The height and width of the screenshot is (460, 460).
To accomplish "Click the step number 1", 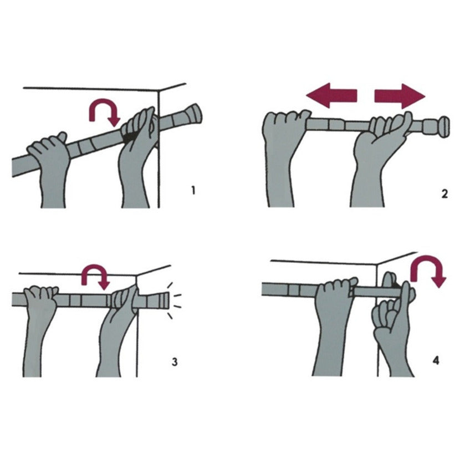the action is click(193, 191).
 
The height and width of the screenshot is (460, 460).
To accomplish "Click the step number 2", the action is click(444, 194).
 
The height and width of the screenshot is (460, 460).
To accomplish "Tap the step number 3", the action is click(175, 362).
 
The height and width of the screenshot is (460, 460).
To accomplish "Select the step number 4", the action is click(436, 360).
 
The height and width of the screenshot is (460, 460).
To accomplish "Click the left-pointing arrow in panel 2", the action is click(331, 96).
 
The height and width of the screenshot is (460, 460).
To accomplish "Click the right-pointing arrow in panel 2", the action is click(400, 96).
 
